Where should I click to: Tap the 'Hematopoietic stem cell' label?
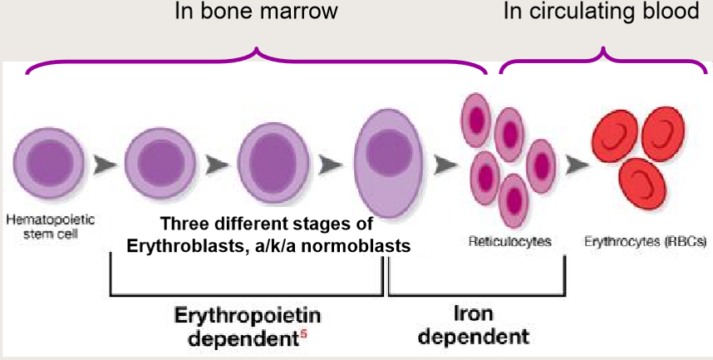(51, 227)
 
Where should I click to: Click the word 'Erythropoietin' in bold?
(246, 317)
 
